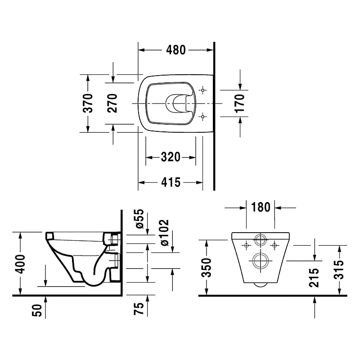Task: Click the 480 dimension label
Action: click(x=175, y=50)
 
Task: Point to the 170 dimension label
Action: click(x=239, y=103)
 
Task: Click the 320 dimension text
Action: click(x=171, y=157)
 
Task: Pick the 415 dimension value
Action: click(x=171, y=182)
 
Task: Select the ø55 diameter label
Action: click(x=139, y=219)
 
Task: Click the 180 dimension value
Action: click(x=261, y=207)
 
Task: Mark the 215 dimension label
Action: click(x=315, y=278)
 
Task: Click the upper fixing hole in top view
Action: click(x=203, y=90)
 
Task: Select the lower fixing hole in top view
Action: click(x=203, y=117)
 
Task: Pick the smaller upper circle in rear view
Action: click(x=261, y=240)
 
